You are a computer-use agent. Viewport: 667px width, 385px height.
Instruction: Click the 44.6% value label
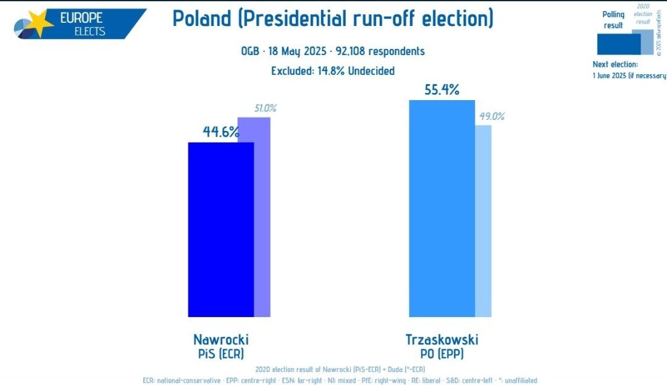pos(220,132)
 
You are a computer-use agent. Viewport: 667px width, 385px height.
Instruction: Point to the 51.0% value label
pos(266,108)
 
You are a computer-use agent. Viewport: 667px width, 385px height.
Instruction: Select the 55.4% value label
pos(442,90)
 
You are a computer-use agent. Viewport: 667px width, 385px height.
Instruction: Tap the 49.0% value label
pos(492,116)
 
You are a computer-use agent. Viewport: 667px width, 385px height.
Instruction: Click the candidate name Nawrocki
pos(221,339)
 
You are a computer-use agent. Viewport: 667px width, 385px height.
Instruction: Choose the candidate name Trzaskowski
pos(442,339)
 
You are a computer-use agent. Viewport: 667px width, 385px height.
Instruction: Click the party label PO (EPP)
pos(442,354)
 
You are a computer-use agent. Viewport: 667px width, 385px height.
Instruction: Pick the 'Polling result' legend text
pos(613,20)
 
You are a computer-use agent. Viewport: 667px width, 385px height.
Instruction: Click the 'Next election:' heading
pos(615,64)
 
